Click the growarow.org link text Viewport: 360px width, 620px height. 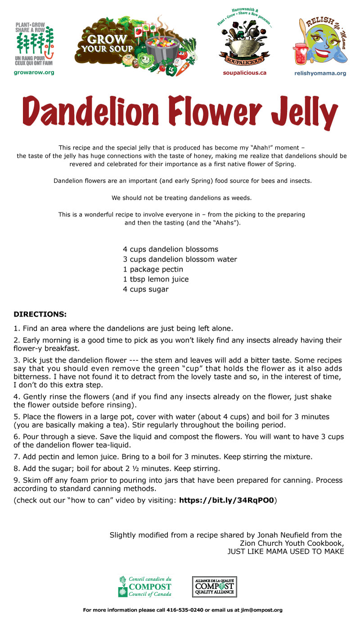34,73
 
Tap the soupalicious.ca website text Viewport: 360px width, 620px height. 244,73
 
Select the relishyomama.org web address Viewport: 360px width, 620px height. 324,73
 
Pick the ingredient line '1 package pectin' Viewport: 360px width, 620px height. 153,270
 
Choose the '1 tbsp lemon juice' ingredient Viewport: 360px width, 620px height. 156,279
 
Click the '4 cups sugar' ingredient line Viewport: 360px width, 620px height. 145,289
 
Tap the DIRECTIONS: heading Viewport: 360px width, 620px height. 40,314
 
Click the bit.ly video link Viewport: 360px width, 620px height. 226,500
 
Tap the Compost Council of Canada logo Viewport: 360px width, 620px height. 145,587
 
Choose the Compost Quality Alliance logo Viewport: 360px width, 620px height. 215,587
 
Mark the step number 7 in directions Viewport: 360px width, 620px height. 16,457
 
